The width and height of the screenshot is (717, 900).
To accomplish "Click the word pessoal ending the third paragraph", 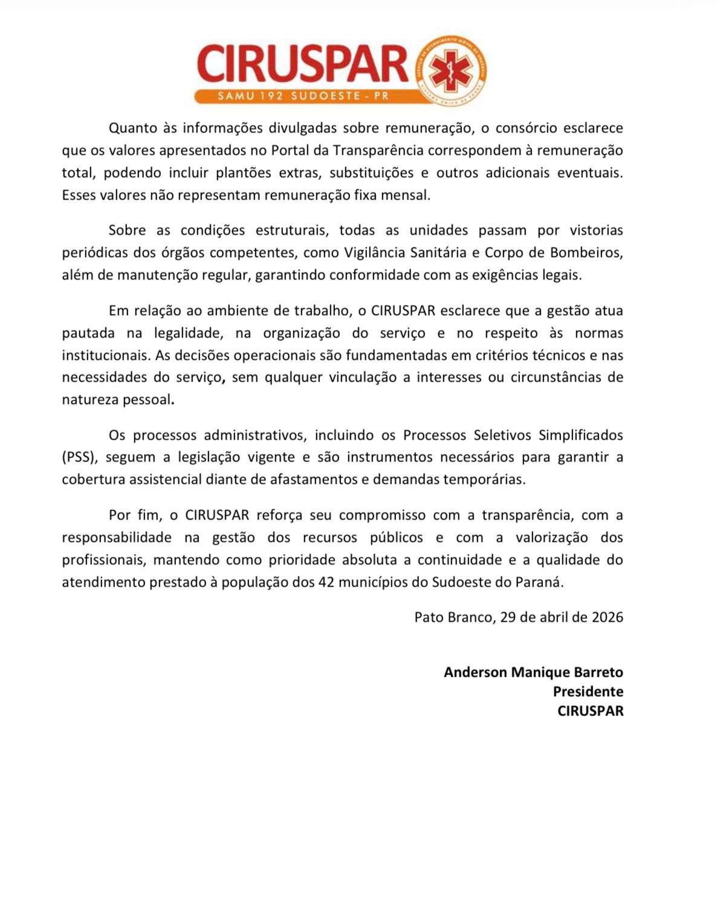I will tap(147, 400).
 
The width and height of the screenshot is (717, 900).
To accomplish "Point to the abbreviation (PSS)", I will tap(79, 457).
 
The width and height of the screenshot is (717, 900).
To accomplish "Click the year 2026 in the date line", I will tap(607, 617).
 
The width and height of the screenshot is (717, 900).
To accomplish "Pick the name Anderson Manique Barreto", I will tap(533, 672).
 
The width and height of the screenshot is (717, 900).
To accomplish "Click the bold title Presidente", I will tap(588, 691).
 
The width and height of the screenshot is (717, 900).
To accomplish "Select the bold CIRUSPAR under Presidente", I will tap(590, 711).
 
